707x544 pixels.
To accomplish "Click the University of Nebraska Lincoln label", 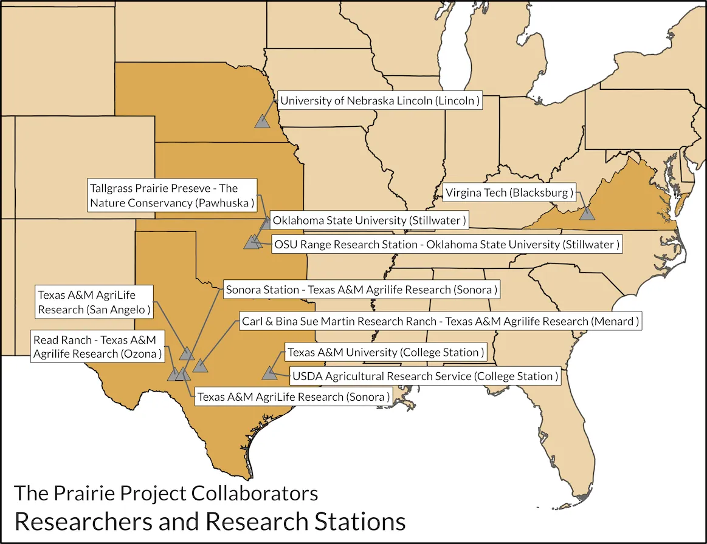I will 380,101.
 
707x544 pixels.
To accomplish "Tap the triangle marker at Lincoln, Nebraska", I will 262,121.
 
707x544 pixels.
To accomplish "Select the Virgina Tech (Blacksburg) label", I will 509,193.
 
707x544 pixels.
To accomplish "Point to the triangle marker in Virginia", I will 587,213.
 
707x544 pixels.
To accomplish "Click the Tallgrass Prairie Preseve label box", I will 171,195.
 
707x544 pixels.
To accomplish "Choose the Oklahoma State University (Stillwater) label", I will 368,220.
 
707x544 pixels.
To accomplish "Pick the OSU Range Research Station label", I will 446,245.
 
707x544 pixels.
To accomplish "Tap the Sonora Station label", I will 361,290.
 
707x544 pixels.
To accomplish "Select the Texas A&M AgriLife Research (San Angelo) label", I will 94,302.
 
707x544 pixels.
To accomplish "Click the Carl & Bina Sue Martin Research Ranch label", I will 440,321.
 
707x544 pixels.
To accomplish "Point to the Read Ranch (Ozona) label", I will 98,347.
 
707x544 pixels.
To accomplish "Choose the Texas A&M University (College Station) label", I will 385,352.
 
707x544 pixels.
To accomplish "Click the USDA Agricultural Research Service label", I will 424,376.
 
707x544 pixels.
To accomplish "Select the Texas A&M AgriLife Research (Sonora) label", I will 292,397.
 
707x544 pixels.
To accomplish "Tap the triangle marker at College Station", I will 269,373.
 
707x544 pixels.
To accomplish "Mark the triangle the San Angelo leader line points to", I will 187,353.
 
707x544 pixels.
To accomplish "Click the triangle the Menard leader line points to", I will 200,365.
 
